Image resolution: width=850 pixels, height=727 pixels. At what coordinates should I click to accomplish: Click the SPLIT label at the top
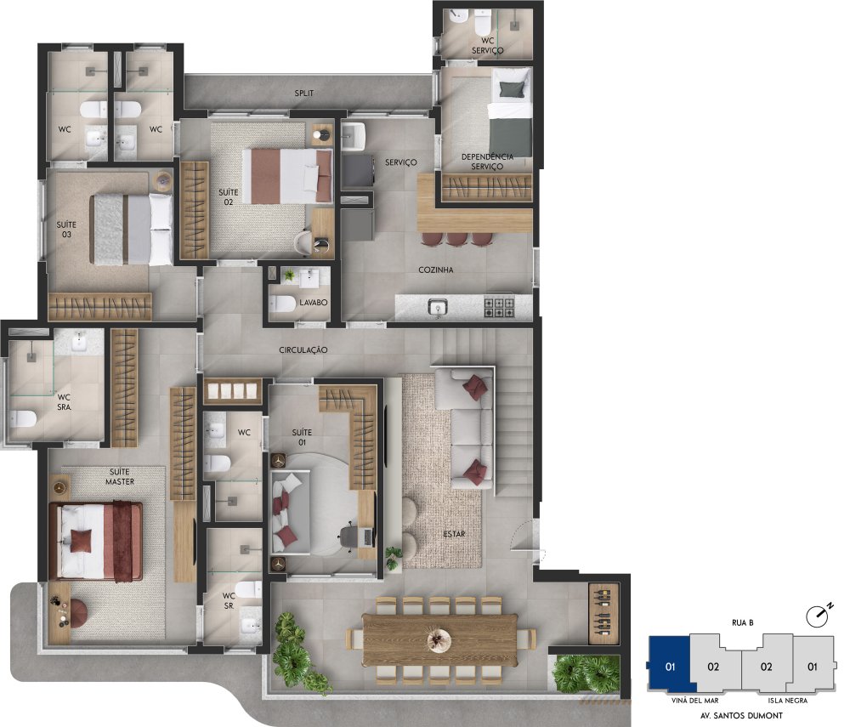coord(304,94)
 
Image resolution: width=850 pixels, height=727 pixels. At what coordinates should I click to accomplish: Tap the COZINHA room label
coord(436,270)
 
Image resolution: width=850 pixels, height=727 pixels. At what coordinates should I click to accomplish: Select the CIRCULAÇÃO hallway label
coord(303,350)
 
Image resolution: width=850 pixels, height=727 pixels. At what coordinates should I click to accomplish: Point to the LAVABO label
coord(314,303)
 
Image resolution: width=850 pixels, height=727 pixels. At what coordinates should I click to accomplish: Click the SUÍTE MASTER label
coord(120,476)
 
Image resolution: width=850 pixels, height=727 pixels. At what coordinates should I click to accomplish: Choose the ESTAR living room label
coord(454,534)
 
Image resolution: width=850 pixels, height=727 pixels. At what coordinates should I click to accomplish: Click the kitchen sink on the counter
coord(438,308)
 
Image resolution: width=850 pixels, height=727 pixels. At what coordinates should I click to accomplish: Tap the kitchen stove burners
coord(499,308)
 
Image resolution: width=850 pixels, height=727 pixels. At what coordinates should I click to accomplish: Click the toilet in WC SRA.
coord(23,418)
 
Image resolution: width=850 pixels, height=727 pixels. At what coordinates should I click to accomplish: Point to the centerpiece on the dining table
coord(439,639)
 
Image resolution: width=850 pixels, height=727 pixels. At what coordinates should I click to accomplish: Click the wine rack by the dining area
coord(603,614)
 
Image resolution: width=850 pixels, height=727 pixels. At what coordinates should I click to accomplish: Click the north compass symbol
coord(819,614)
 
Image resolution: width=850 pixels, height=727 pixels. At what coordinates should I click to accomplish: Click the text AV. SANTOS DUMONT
coord(741,716)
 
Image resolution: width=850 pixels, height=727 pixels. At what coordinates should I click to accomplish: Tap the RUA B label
coord(742,623)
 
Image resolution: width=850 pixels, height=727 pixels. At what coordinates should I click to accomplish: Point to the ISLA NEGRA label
coord(788,701)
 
